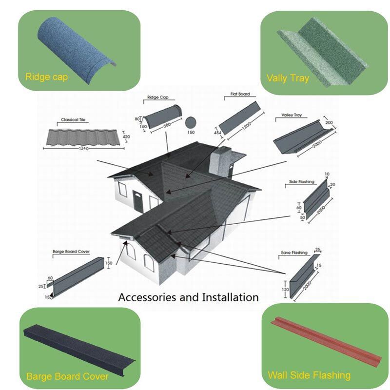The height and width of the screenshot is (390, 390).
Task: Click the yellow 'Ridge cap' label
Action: (x=46, y=77)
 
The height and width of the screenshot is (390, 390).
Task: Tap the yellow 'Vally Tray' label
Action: (x=288, y=78)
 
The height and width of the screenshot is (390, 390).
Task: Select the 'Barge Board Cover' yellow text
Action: (x=67, y=376)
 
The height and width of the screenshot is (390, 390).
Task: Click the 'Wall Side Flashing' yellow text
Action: (x=309, y=375)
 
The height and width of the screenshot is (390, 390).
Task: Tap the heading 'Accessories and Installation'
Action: (x=189, y=297)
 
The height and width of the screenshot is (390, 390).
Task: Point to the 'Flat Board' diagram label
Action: (x=240, y=93)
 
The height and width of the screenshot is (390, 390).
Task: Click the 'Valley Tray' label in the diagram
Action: (x=292, y=116)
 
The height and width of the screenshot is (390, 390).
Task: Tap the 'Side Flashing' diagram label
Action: (x=302, y=182)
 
